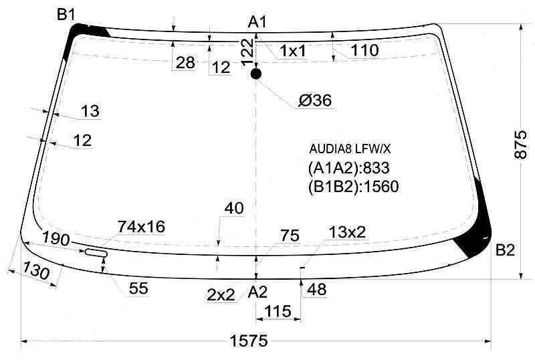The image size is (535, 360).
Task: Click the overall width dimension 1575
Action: point(249,341)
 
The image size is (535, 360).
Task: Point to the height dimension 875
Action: point(521,145)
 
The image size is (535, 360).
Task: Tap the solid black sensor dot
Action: point(256,74)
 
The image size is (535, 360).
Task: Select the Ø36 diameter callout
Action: point(315,100)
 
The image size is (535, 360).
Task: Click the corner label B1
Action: point(66,14)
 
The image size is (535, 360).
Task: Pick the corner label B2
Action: point(505,250)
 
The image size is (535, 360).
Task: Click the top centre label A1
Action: point(257,22)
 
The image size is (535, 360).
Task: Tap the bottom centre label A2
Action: point(257,292)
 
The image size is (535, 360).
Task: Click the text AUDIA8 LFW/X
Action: point(350,149)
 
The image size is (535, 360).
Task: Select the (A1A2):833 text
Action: point(348,168)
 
